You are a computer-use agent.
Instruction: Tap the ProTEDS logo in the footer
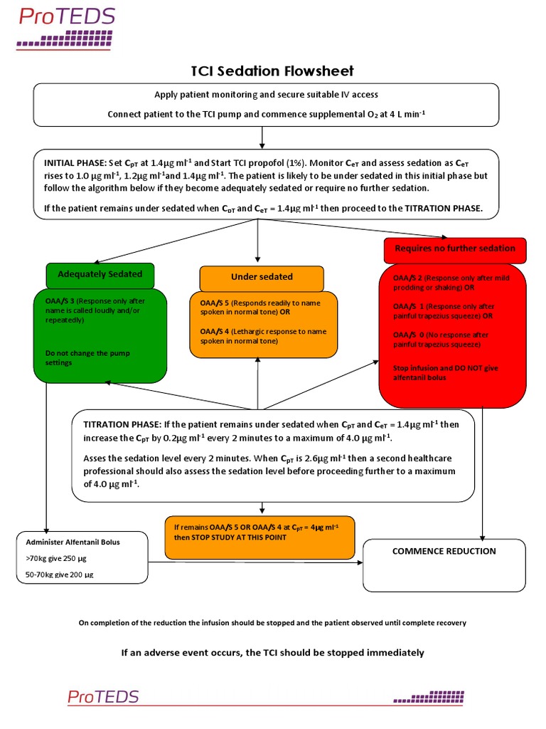(104, 696)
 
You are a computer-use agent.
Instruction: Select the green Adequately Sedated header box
(100, 274)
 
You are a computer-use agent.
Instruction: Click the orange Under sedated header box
(261, 277)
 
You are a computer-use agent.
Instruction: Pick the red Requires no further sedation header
(455, 248)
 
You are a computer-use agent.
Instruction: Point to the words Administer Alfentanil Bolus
(73, 542)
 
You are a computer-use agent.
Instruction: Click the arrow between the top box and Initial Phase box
(263, 137)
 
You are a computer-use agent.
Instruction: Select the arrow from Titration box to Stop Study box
(263, 508)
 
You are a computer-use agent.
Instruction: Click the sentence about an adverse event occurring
(273, 653)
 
